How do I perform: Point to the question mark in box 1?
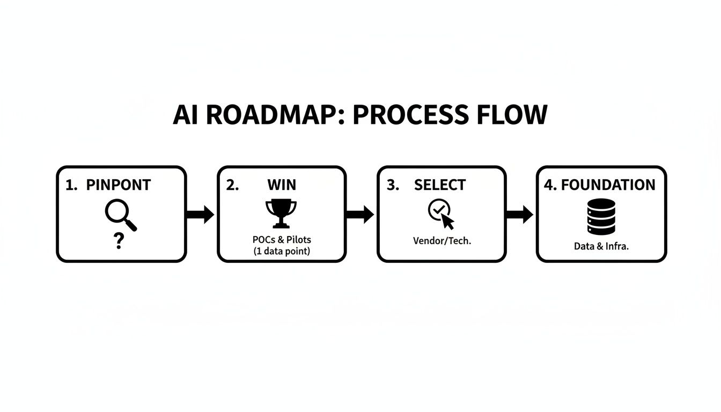[119, 241]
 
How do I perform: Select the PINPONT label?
[119, 185]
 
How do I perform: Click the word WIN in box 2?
[282, 185]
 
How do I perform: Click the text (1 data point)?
[281, 251]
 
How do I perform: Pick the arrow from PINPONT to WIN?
[201, 215]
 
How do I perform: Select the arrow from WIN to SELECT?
[360, 215]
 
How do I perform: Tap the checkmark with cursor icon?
[441, 214]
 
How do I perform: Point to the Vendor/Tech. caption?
[442, 241]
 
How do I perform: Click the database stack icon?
[601, 216]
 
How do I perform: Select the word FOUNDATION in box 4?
[608, 185]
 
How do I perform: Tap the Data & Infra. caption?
[601, 247]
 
